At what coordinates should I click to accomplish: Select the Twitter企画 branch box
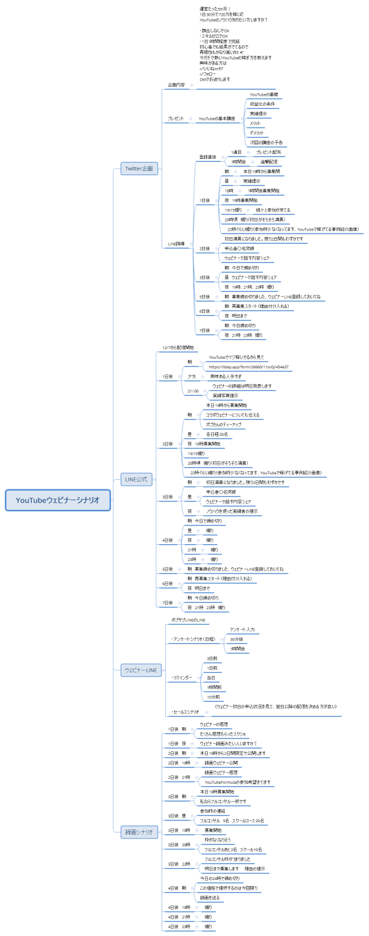coord(139,169)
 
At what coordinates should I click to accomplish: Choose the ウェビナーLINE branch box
coord(140,669)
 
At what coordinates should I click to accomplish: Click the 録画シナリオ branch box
coord(139,832)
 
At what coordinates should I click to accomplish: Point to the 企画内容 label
coord(176,85)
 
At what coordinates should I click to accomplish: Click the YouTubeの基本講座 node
coord(216,119)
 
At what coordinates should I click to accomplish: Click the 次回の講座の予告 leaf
coord(266,143)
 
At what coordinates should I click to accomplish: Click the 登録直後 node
coord(207,157)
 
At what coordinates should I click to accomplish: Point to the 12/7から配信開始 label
coord(178,348)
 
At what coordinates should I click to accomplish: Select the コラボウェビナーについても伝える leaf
coord(232,415)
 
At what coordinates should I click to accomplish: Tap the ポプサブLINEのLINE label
coord(188,619)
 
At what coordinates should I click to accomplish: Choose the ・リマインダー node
coord(181,677)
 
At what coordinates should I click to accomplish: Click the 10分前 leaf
coord(213,696)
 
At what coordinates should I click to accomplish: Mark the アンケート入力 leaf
coord(242,629)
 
